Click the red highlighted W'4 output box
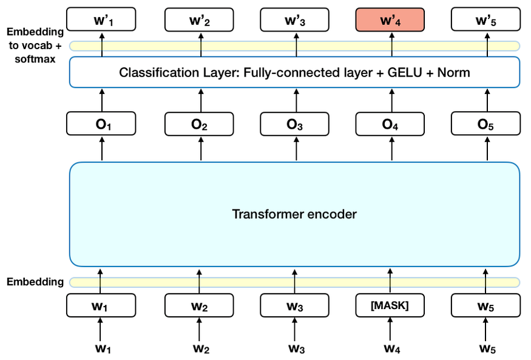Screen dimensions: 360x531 pos(390,21)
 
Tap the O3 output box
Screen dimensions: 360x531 pos(295,124)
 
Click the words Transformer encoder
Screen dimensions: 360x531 pos(295,214)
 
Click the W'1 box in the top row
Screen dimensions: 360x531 pos(102,21)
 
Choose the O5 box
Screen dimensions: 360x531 pos(485,124)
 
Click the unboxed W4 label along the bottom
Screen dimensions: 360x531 pos(390,348)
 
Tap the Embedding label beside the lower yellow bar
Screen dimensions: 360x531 pos(35,282)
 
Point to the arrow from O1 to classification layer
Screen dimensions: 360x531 pos(102,101)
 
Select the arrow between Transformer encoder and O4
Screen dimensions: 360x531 pos(390,149)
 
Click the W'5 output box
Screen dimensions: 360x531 pos(485,21)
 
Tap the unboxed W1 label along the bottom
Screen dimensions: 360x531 pos(102,348)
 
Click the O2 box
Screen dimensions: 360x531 pos(200,124)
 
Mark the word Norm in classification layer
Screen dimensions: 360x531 pos(455,73)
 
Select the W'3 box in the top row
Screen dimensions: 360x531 pos(295,21)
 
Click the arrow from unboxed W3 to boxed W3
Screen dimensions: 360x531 pos(295,331)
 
